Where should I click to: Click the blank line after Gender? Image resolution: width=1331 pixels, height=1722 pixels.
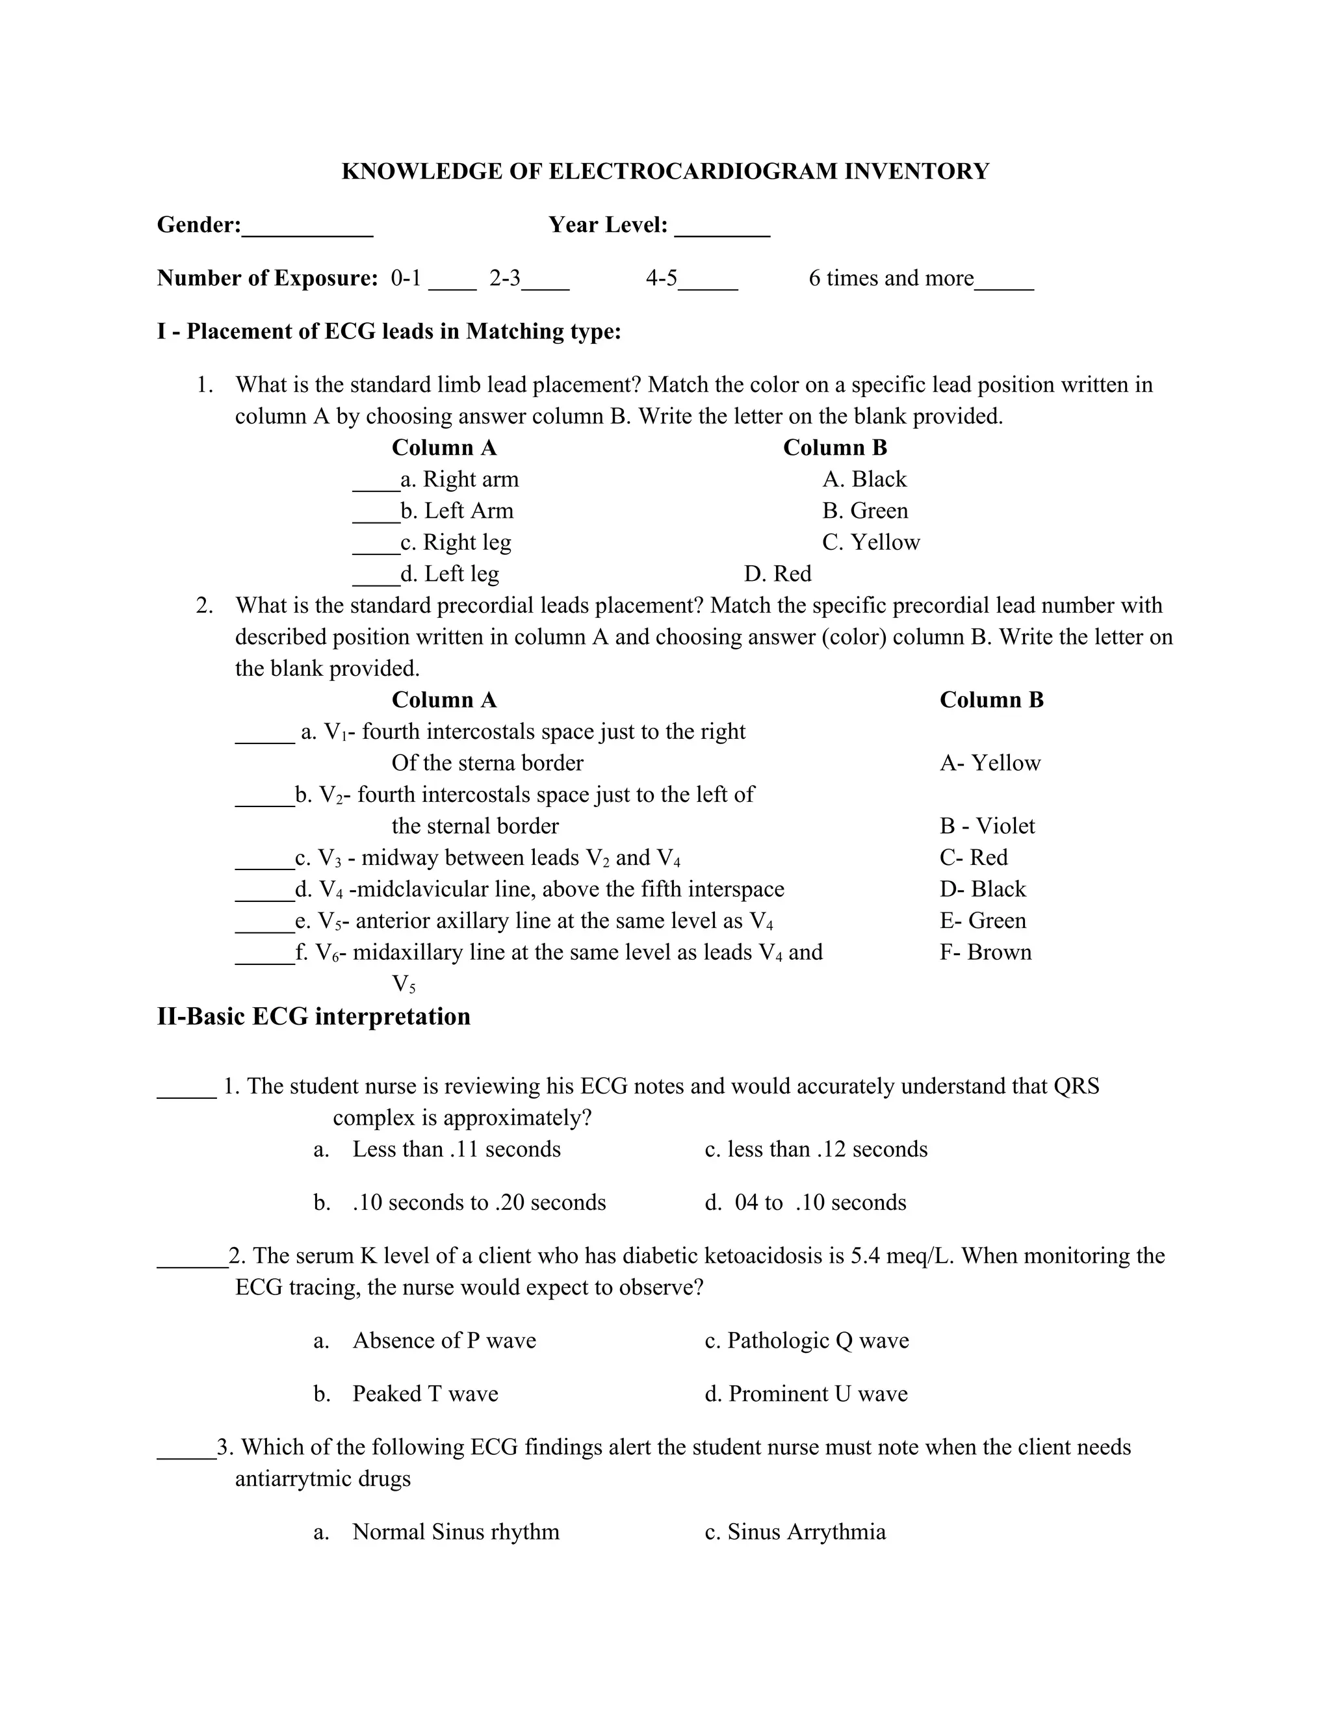(x=307, y=233)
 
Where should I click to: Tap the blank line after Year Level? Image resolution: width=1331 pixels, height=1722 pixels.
(x=722, y=233)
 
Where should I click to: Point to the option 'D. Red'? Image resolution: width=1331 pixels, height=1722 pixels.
(x=777, y=574)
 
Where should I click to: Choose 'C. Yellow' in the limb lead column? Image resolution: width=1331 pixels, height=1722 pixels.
(x=870, y=543)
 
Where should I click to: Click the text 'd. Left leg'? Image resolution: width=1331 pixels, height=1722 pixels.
(x=450, y=574)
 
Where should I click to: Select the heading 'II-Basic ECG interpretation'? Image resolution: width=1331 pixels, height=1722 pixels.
(x=314, y=1016)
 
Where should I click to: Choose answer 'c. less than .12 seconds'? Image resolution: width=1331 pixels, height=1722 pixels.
(x=816, y=1149)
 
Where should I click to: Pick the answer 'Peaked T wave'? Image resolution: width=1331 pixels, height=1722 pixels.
(x=425, y=1393)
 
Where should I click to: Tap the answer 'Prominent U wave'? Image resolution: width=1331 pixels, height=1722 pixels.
(x=818, y=1393)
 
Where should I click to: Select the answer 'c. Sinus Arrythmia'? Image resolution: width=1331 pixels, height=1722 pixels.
(x=795, y=1531)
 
